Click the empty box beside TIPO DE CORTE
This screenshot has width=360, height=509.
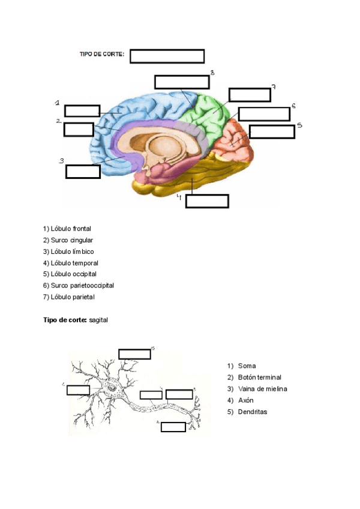[167, 56]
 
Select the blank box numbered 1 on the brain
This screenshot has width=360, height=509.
[82, 110]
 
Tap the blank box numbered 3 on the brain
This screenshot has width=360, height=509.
[83, 171]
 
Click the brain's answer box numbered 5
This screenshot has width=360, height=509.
[271, 131]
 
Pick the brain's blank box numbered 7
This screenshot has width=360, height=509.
[249, 94]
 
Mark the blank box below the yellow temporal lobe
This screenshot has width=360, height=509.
[207, 200]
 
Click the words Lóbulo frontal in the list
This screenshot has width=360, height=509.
[71, 229]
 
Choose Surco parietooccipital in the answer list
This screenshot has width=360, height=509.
[82, 285]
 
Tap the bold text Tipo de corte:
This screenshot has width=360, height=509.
[65, 321]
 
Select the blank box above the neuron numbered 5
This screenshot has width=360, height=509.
[134, 354]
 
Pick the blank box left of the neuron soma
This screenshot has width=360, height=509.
[78, 390]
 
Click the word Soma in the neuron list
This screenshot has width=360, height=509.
[247, 366]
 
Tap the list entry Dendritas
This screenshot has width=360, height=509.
[253, 412]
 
